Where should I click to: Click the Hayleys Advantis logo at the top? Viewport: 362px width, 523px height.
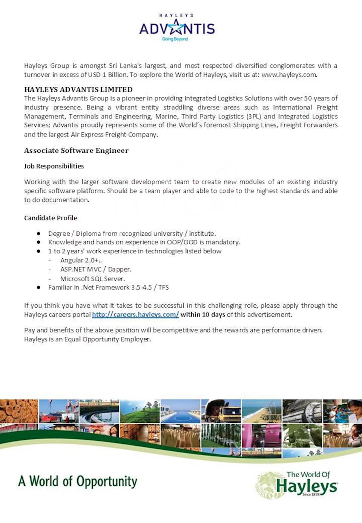[177, 28]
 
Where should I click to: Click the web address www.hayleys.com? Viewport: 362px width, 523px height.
[289, 75]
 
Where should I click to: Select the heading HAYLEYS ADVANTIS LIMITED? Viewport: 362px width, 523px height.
[78, 89]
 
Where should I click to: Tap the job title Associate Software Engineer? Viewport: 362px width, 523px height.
[77, 150]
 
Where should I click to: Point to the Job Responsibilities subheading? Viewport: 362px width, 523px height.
[54, 166]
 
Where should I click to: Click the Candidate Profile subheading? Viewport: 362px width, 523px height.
[51, 218]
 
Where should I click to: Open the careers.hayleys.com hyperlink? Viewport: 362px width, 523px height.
[135, 314]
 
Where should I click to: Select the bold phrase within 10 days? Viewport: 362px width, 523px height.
[202, 314]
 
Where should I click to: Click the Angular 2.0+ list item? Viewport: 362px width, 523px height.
[81, 260]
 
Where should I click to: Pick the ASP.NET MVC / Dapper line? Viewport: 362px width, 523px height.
[96, 269]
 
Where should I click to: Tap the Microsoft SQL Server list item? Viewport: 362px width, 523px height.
[92, 279]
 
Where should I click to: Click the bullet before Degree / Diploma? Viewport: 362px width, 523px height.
[38, 233]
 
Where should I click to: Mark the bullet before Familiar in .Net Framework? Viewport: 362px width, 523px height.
[38, 287]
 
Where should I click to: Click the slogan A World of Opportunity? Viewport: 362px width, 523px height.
[78, 482]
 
